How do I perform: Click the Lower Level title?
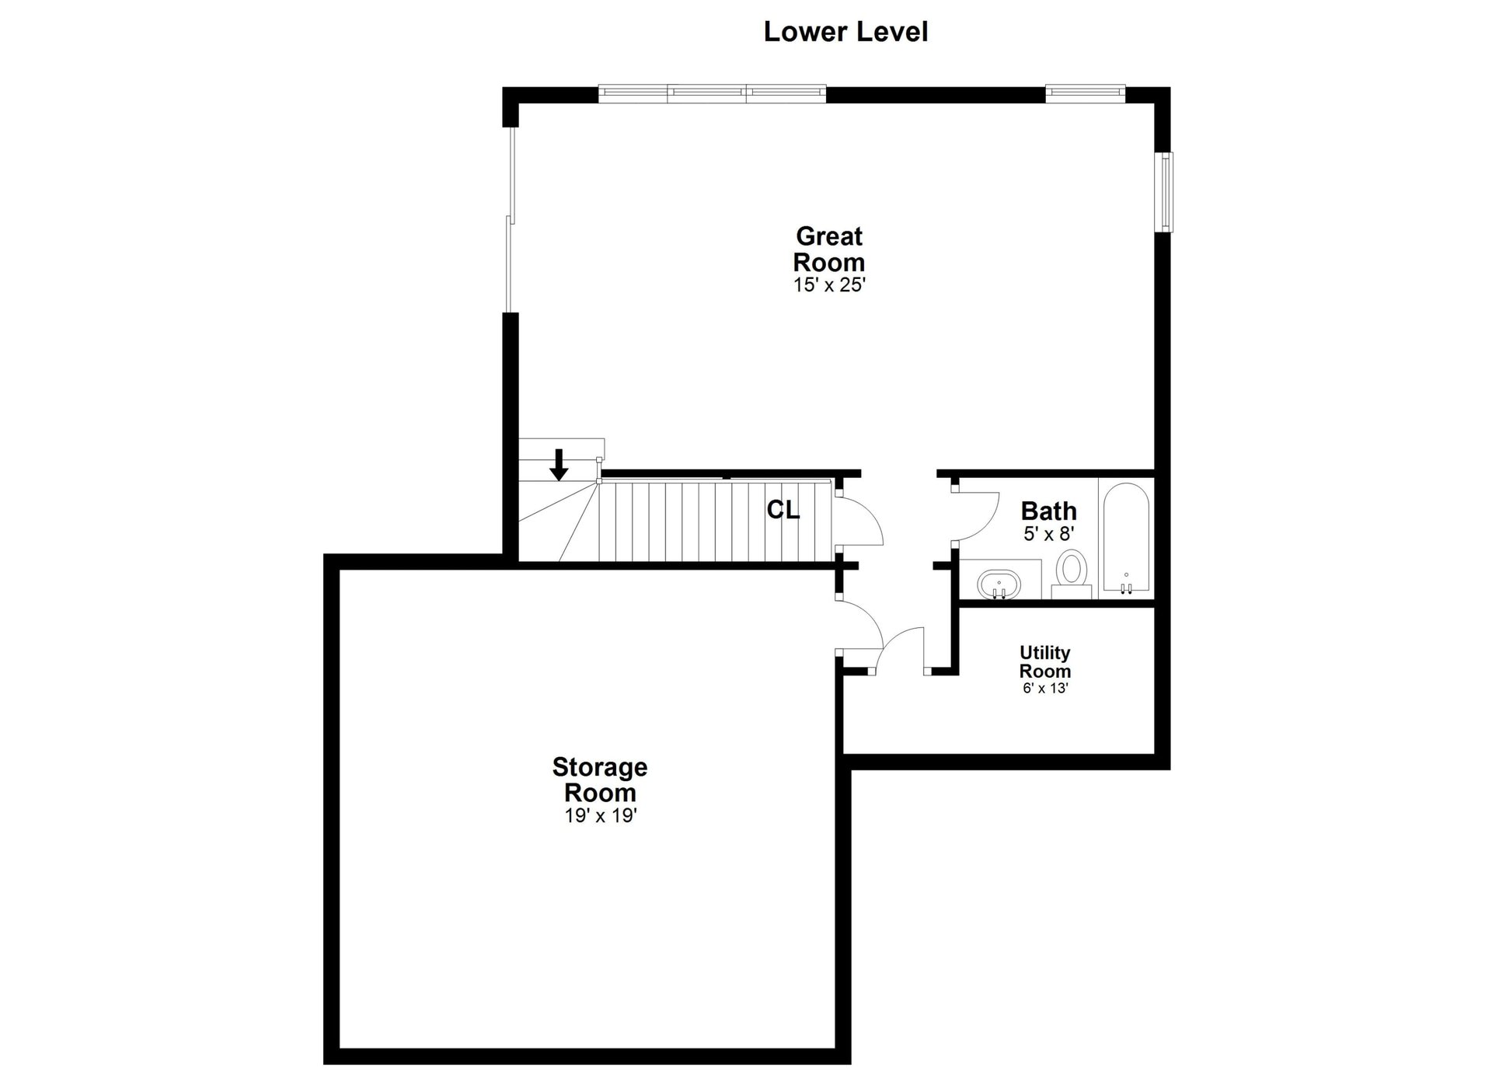(x=845, y=32)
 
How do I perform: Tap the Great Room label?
(x=829, y=249)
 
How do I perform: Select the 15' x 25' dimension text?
(x=829, y=285)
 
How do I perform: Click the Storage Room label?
(x=600, y=780)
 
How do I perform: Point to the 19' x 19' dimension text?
(x=601, y=816)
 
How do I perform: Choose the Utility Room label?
(x=1045, y=661)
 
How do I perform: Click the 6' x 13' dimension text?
(x=1045, y=688)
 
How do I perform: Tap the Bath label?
(x=1048, y=511)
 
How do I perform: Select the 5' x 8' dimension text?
(x=1048, y=534)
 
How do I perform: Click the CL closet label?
(x=783, y=510)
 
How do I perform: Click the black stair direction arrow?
(x=559, y=465)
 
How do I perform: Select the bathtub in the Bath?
(x=1126, y=539)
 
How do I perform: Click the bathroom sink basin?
(x=999, y=582)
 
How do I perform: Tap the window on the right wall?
(x=1166, y=192)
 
